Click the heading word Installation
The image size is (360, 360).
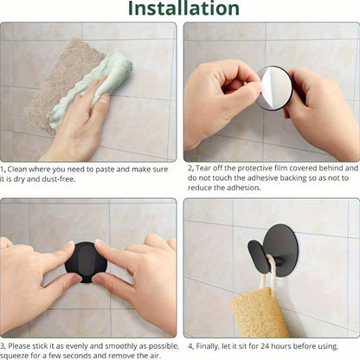tap(179, 10)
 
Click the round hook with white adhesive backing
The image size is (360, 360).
tap(274, 88)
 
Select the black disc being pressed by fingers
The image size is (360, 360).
tap(87, 261)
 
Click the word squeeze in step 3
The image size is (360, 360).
tap(16, 355)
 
